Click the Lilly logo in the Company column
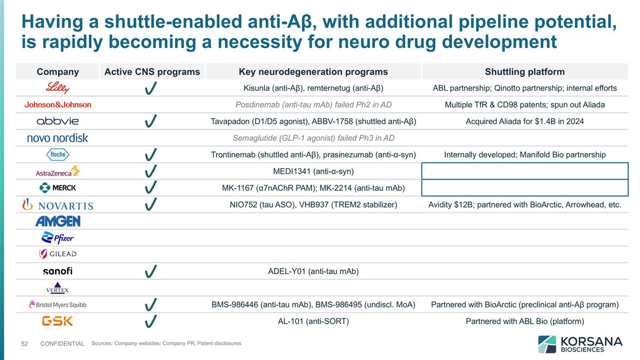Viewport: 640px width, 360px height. [x=58, y=88]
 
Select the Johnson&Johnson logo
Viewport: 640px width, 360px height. [x=58, y=105]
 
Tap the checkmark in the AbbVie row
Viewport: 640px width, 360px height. [x=151, y=122]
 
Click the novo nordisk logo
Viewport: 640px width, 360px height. [x=58, y=138]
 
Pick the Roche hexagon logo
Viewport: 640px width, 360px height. [x=58, y=155]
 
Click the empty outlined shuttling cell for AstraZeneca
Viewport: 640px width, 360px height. [x=525, y=171]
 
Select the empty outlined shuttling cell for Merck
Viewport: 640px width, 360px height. [x=525, y=188]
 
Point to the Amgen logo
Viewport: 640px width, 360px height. [x=58, y=221]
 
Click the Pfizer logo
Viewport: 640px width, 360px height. [x=58, y=238]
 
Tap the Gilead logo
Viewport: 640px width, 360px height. [x=58, y=254]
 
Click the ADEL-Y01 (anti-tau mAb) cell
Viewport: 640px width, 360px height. [x=313, y=271]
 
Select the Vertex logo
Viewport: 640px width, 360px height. [x=58, y=288]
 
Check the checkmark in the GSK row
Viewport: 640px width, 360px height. [x=151, y=321]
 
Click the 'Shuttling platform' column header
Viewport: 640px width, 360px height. [x=525, y=71]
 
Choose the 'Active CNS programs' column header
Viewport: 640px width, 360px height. [x=152, y=71]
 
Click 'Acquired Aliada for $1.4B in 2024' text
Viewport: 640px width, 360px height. [x=525, y=122]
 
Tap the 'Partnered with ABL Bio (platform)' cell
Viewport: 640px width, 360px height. [x=525, y=321]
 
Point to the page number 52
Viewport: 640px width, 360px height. [x=24, y=344]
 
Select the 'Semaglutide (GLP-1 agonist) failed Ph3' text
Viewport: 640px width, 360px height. [x=313, y=138]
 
